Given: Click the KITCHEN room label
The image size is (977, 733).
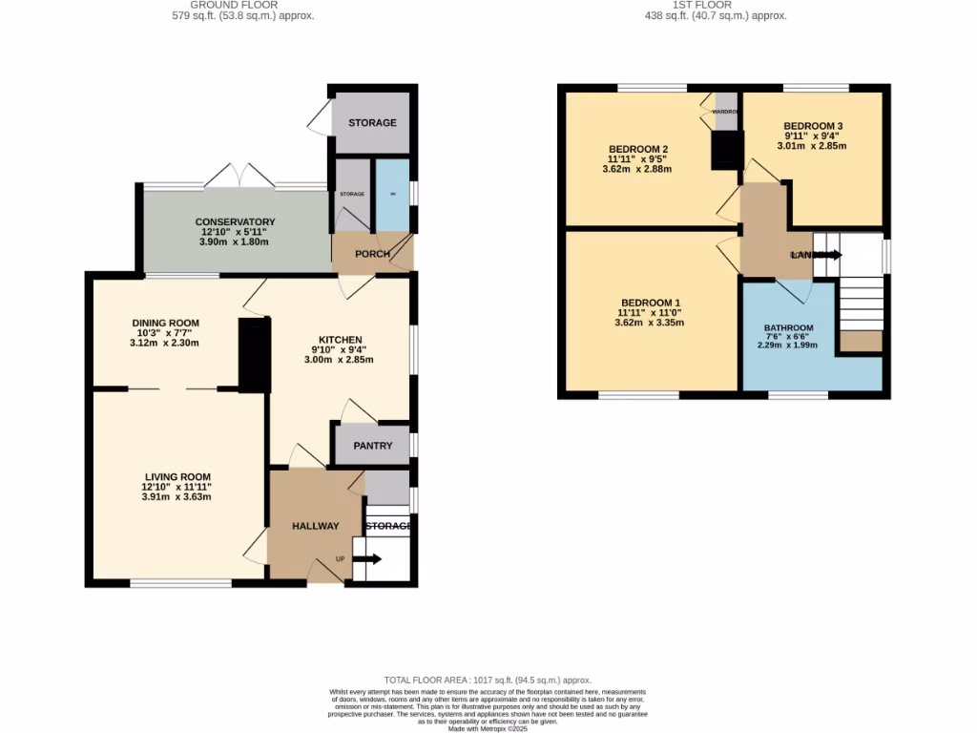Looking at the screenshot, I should point(340,340).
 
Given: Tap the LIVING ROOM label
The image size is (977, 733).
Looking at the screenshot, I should point(177,477).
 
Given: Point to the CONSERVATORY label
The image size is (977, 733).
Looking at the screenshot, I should point(235,222).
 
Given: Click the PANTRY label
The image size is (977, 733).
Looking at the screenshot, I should point(373,446).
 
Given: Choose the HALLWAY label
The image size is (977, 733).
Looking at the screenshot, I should point(316,526).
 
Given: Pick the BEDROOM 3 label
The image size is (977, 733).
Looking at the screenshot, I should point(815,126).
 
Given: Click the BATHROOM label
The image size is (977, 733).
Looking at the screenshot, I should point(788,328).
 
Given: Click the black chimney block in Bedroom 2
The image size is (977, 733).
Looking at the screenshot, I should point(727,150).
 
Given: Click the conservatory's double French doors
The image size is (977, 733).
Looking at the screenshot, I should point(239,176).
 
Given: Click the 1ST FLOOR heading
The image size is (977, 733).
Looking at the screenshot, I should point(715,5).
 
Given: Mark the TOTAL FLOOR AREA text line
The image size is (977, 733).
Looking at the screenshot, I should point(488,680).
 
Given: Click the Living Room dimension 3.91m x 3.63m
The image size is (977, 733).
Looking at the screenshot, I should point(177,497).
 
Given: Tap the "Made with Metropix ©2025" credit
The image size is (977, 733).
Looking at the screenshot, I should point(488,729).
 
